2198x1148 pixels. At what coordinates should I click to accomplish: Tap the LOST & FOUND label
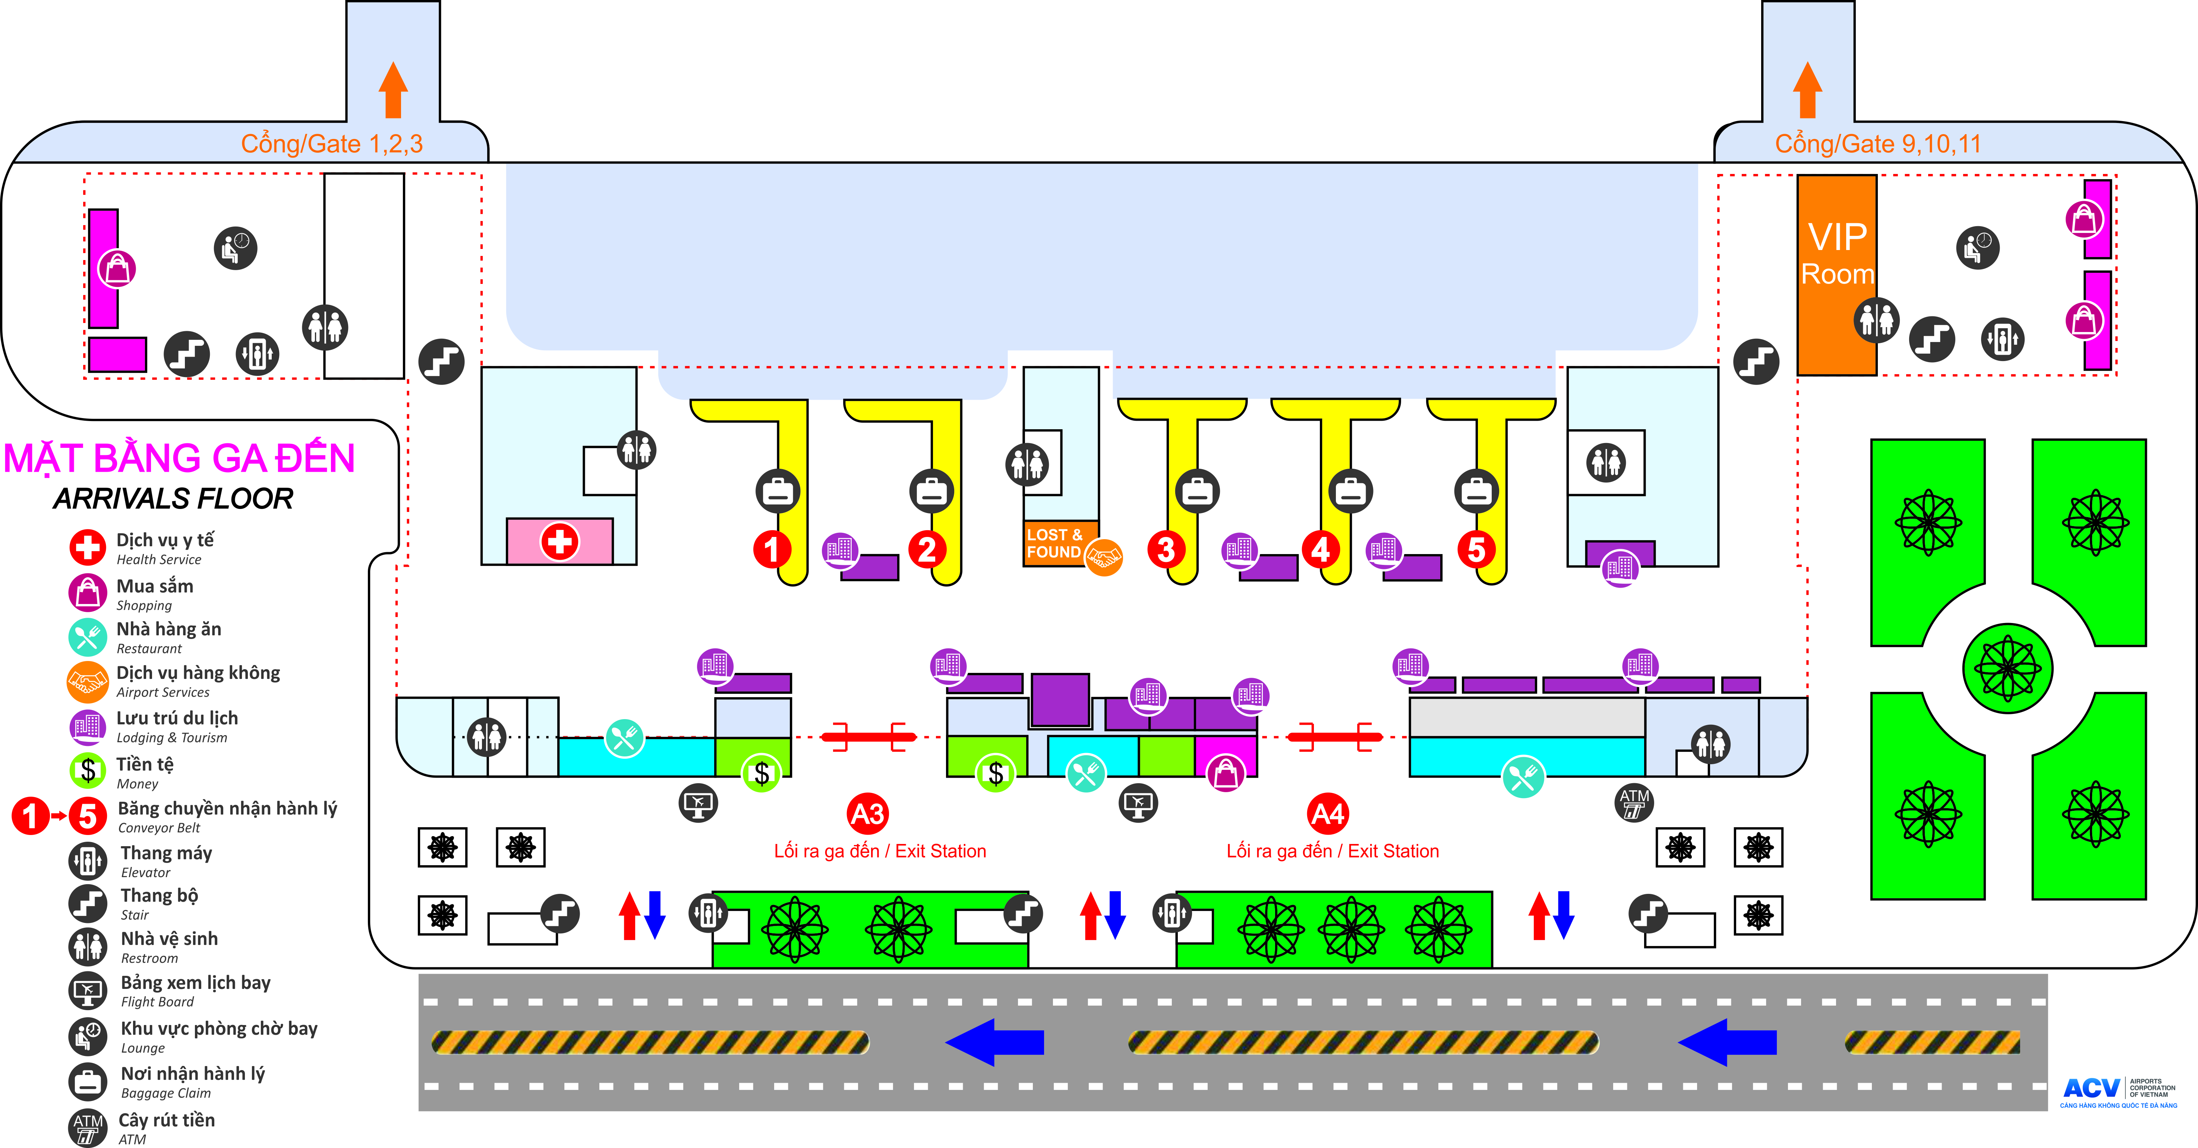(x=1054, y=543)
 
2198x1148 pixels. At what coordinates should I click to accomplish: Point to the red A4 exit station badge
(x=1328, y=814)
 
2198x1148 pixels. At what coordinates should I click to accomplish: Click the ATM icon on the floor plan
(x=1634, y=803)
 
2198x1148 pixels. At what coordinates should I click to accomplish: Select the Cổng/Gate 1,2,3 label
(x=332, y=143)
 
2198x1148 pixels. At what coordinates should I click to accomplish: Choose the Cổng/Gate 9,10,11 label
(x=1878, y=143)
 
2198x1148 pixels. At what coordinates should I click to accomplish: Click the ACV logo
(x=2091, y=1088)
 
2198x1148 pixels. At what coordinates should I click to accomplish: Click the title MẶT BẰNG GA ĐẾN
(x=179, y=458)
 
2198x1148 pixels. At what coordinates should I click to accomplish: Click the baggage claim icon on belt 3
(x=1197, y=491)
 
